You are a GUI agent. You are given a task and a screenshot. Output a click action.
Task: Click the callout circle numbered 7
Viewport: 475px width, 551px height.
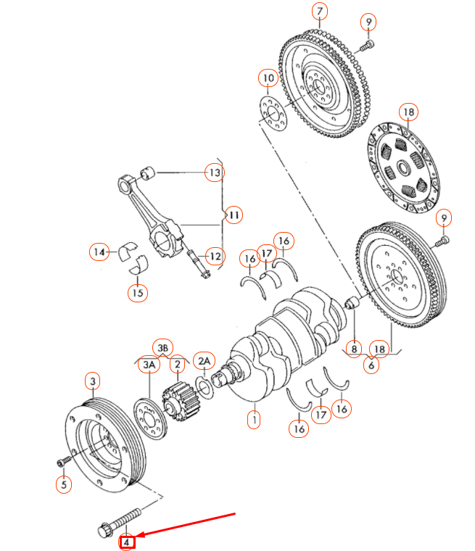pos(320,12)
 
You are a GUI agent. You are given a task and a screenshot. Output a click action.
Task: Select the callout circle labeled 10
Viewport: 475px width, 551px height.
pos(268,78)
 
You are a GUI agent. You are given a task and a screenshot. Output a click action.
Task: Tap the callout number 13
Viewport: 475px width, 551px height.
pos(214,173)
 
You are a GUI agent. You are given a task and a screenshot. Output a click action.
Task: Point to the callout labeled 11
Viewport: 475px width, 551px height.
pos(233,215)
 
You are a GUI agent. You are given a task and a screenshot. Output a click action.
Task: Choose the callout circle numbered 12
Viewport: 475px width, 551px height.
pos(214,255)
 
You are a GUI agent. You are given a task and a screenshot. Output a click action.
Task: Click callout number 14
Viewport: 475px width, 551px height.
pos(99,252)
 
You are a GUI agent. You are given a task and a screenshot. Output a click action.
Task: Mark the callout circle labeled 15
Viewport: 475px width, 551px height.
pos(137,293)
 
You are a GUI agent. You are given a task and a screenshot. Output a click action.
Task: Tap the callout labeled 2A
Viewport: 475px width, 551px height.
pos(205,360)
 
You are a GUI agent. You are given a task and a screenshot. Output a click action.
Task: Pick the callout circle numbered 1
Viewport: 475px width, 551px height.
pos(253,419)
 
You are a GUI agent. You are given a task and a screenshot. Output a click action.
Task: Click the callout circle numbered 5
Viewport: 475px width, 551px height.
pos(64,484)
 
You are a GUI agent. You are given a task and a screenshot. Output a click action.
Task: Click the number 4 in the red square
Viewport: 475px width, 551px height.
pos(128,541)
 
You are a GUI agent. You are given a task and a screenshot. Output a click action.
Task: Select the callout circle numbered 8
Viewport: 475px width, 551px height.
pos(354,349)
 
